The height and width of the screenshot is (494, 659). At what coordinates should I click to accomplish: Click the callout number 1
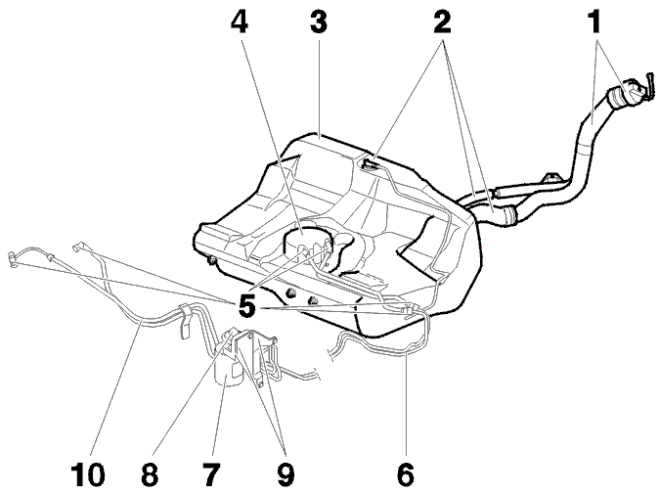tap(593, 22)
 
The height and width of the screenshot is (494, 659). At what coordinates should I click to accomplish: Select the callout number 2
tap(442, 22)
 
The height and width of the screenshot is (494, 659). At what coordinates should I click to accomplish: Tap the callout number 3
tap(318, 22)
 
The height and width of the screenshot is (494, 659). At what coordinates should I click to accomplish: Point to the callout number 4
tap(240, 22)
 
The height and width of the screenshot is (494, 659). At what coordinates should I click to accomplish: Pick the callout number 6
tap(406, 474)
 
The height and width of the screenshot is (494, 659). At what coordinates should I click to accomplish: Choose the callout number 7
tap(211, 474)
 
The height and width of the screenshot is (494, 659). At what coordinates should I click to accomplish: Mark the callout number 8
tap(150, 474)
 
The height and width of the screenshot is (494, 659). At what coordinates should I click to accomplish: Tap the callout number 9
tap(286, 474)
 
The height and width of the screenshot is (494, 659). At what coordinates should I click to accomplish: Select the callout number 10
tap(88, 474)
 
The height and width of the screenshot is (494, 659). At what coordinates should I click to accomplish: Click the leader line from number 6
tap(407, 407)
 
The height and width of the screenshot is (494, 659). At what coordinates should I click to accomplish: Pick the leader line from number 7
tap(219, 416)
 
